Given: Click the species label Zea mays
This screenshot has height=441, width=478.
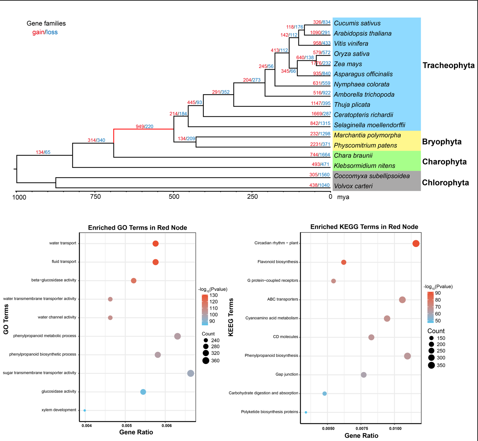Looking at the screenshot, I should point(348,64).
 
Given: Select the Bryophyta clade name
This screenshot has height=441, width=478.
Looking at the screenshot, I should point(442,142).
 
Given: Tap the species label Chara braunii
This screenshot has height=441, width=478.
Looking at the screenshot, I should point(353,156).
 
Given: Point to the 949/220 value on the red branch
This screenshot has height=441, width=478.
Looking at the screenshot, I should point(144,127).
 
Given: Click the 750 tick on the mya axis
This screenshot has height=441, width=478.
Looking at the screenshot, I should point(95,197).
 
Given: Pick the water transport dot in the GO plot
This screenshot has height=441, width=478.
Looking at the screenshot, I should point(156,244).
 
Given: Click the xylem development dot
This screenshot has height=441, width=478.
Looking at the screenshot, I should point(85,410).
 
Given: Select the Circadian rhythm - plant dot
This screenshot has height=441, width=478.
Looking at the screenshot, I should point(416,244).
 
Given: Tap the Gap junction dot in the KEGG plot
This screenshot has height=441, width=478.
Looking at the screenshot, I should point(364,375).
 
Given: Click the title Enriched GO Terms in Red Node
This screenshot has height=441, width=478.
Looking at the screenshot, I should point(137,228).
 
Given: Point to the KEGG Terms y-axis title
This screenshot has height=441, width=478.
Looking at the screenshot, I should point(231,317).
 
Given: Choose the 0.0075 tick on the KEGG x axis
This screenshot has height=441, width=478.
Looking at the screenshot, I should point(361,428).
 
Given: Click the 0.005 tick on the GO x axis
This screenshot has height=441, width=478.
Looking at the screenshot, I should point(126,426).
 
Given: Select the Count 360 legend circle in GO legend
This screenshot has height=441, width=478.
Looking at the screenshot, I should point(206,361).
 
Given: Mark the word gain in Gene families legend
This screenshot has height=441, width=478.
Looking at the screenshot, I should point(38,32).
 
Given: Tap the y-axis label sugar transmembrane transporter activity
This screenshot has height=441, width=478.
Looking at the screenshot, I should point(40,373).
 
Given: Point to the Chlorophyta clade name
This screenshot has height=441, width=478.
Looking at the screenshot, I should point(445,183).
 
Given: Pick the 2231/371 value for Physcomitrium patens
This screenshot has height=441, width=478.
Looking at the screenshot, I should point(320,145).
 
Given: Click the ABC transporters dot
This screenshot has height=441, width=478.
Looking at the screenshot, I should point(402,300).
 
